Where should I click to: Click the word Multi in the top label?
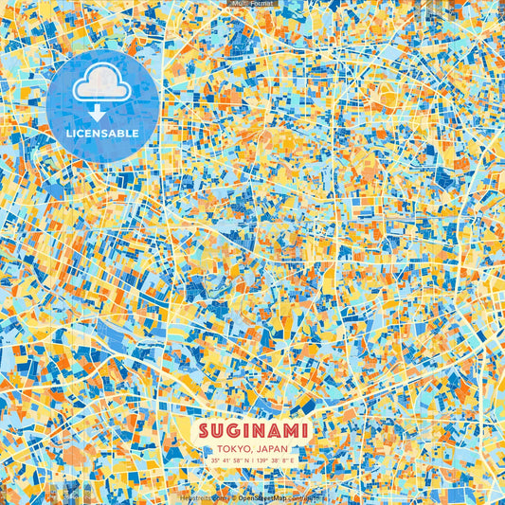240,4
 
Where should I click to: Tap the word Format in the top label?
262,4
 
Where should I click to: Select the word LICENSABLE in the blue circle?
102,134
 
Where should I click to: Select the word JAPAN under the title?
273,449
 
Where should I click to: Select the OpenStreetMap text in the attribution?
262,496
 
